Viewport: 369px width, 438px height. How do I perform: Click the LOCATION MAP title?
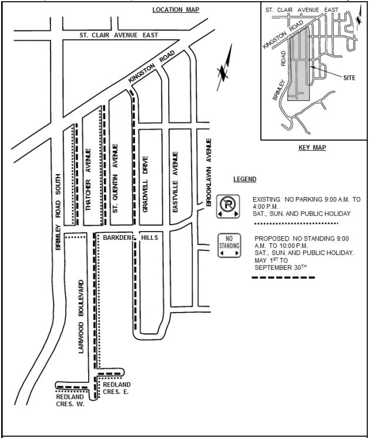(175, 10)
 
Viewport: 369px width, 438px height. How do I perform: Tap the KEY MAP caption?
(311, 148)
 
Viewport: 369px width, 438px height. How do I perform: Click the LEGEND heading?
(244, 179)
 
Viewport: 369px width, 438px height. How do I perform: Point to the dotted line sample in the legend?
(295, 223)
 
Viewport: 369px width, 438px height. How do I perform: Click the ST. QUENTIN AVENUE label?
(116, 178)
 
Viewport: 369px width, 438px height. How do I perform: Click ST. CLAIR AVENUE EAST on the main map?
(119, 35)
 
